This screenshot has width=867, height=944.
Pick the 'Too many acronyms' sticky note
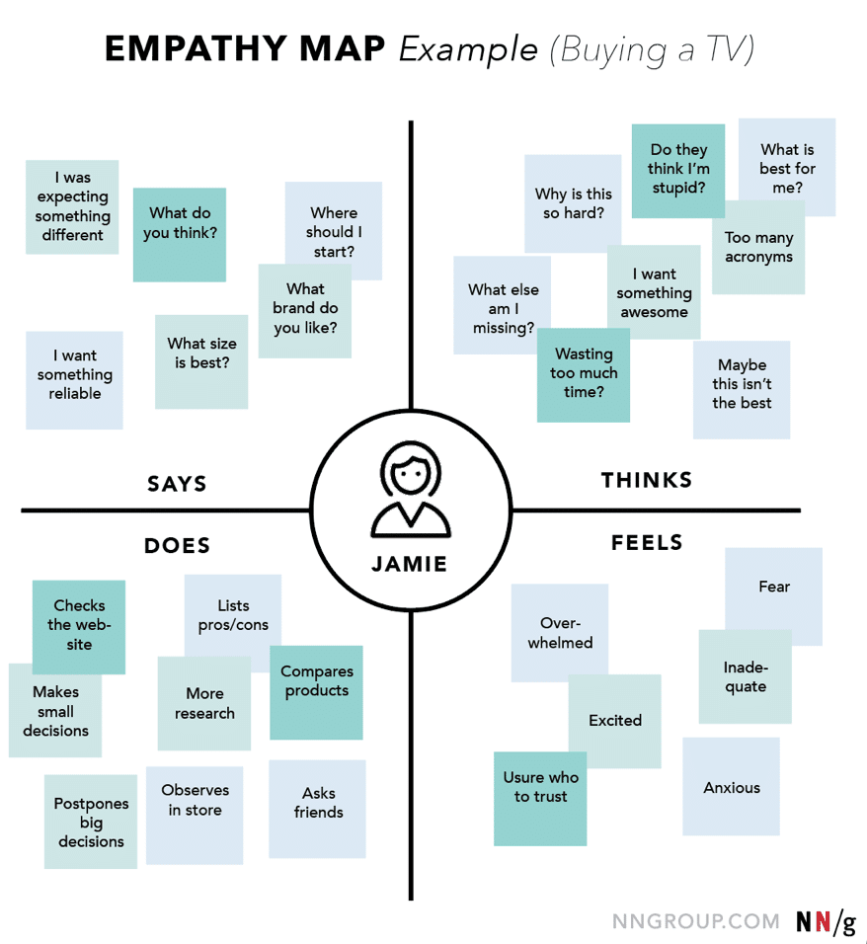[x=758, y=248]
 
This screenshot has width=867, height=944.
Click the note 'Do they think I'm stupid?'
[x=678, y=169]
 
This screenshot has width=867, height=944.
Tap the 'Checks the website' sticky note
[x=79, y=625]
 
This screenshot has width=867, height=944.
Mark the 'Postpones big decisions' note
[x=91, y=823]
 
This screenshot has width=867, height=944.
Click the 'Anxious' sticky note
[x=732, y=788]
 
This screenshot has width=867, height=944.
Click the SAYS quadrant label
[x=177, y=484]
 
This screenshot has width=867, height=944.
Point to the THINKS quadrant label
[x=647, y=481]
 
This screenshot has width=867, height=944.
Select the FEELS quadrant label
[x=647, y=543]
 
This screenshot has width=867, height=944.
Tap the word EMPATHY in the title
[x=243, y=50]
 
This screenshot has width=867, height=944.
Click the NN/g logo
[x=826, y=921]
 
